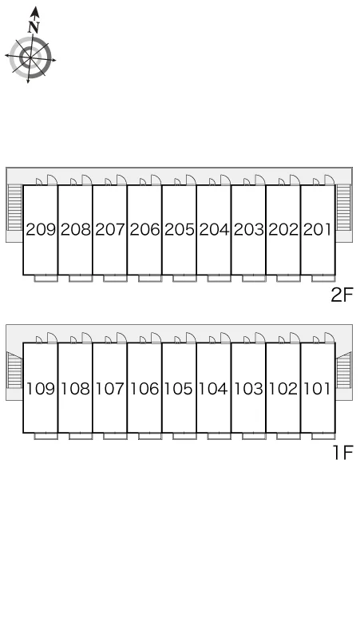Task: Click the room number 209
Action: coord(41,229)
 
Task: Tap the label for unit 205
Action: coord(180,229)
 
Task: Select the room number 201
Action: coord(317,229)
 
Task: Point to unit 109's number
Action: coord(41,389)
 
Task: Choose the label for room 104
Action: coord(213,389)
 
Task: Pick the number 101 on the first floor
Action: coord(317,389)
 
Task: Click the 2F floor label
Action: coord(342,295)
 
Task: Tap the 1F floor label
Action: coord(343,453)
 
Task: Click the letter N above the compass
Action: coord(34,27)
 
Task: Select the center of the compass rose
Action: coord(30,58)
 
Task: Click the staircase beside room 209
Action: coord(14,208)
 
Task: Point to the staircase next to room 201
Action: coord(343,208)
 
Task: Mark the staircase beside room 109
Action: coord(14,370)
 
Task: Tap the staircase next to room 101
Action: coord(343,370)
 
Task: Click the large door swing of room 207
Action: coord(121,180)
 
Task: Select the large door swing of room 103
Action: coord(260,338)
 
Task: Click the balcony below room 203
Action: coord(254,278)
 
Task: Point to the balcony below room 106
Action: coord(150,436)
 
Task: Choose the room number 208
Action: coord(75,229)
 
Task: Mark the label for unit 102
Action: coord(283,389)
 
